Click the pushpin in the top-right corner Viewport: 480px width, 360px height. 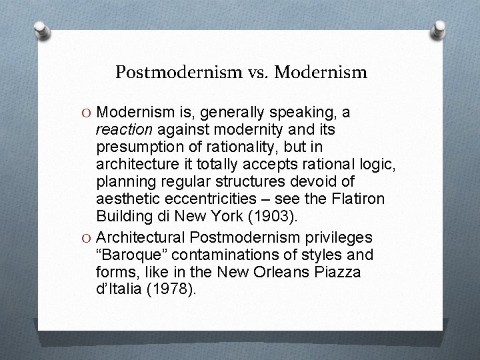point(441,27)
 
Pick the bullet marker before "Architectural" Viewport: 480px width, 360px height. point(88,238)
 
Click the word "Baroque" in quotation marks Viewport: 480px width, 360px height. point(133,255)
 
